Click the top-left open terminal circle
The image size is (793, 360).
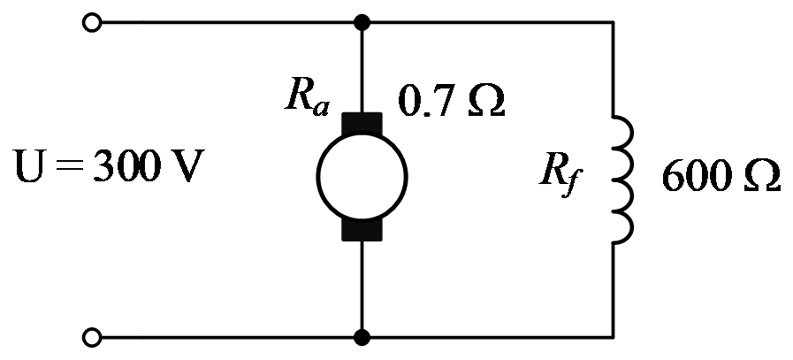[x=92, y=23]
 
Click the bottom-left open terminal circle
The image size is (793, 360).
[x=92, y=337]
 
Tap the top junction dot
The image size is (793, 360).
[x=362, y=23]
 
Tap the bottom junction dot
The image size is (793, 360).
[x=362, y=337]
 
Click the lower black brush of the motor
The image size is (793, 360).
[x=362, y=230]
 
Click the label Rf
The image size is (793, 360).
[x=560, y=177]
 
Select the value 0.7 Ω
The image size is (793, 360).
[x=451, y=99]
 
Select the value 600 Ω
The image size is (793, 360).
[x=721, y=177]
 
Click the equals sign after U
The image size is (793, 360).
[x=69, y=166]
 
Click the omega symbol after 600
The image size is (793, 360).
[x=762, y=176]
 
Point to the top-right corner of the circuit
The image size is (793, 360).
[x=613, y=23]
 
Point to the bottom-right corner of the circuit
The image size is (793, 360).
[x=613, y=337]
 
